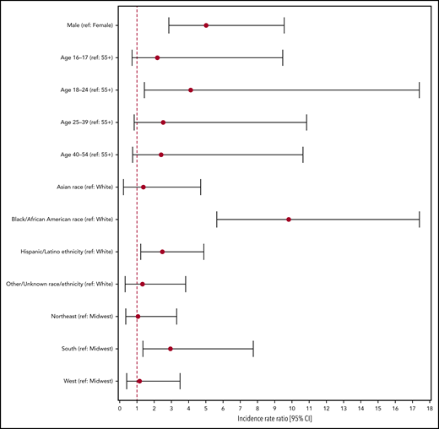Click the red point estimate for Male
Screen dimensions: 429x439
[x=206, y=25]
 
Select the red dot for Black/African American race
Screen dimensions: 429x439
[x=289, y=220]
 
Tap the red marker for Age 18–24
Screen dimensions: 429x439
[x=191, y=90]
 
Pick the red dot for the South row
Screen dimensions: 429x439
[x=171, y=349]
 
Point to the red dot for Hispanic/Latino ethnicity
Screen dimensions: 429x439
[x=162, y=252]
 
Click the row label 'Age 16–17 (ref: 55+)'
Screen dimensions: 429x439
[x=80, y=57]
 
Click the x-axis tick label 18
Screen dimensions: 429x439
[x=430, y=408]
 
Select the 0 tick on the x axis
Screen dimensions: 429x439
[x=120, y=408]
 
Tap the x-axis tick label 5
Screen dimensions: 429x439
[x=206, y=408]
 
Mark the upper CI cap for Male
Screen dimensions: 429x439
[x=285, y=25]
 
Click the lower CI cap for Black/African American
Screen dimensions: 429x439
[x=217, y=220]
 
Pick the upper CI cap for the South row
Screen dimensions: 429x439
[x=253, y=349]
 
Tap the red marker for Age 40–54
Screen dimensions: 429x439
[x=160, y=155]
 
